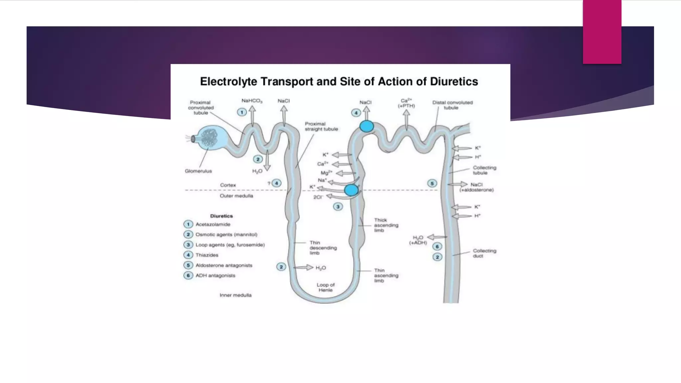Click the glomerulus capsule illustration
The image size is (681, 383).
tap(210, 137)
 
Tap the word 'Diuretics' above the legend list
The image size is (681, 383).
tap(221, 216)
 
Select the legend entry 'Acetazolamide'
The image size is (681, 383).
tap(213, 224)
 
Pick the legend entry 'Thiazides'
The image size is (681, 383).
tap(207, 255)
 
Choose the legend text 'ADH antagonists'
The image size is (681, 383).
tap(215, 276)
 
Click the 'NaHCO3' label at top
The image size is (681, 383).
tap(252, 101)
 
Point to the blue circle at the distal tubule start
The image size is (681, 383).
tap(366, 126)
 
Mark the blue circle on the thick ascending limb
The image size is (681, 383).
tap(351, 190)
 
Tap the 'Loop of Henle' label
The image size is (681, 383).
tap(326, 288)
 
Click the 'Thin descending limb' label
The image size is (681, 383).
tap(323, 248)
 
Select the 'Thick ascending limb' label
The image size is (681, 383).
tap(386, 225)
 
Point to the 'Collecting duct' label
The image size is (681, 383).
tap(484, 253)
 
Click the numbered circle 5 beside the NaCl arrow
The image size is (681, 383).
tap(432, 184)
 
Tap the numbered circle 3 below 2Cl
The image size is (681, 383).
tap(338, 207)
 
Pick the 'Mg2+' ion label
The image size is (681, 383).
tap(326, 173)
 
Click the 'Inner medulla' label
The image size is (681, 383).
tap(235, 295)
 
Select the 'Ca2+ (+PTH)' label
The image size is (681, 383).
tap(406, 103)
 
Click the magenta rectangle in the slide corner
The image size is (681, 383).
tap(602, 32)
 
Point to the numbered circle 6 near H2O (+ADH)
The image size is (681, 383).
tap(437, 246)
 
